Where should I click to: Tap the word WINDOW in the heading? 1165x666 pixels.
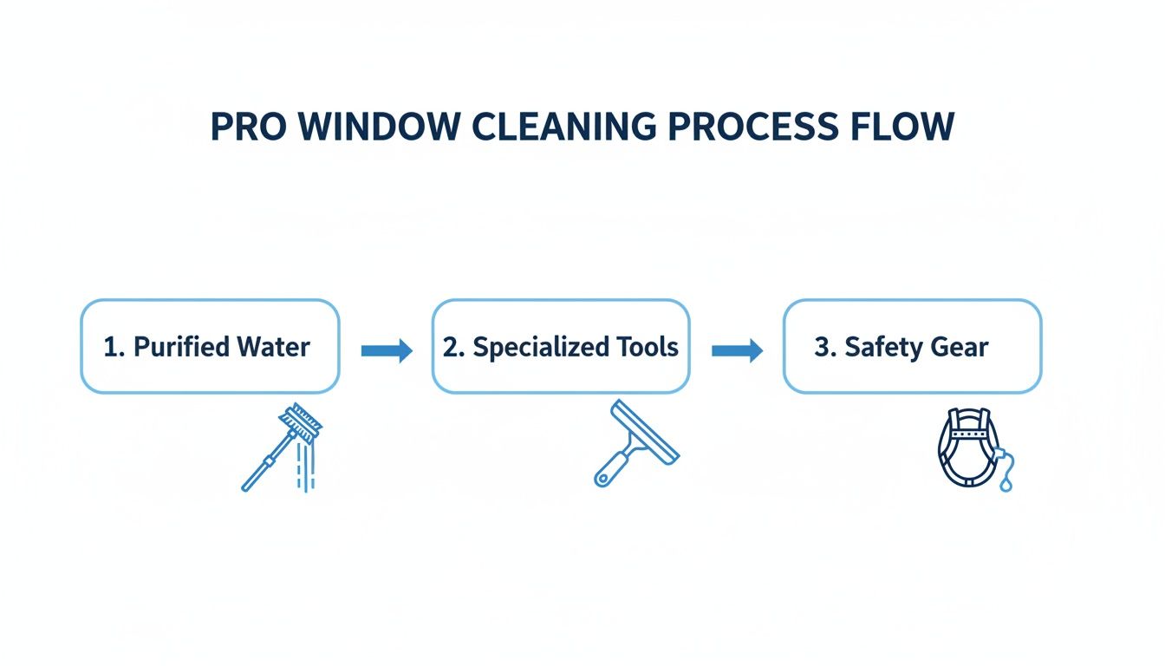click(x=379, y=127)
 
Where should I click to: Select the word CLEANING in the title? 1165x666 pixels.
click(x=559, y=127)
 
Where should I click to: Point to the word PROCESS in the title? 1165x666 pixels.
click(x=751, y=127)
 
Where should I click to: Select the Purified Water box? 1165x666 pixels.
click(x=210, y=347)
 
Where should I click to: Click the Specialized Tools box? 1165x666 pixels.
click(x=561, y=347)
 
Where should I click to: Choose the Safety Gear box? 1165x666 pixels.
click(x=912, y=347)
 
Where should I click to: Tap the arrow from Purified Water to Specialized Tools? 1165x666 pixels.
click(x=387, y=350)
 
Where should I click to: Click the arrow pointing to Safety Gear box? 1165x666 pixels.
click(x=737, y=350)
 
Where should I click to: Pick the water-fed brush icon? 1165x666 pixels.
click(x=282, y=447)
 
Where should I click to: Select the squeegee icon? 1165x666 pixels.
click(x=635, y=442)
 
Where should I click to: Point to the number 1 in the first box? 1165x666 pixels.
click(x=110, y=347)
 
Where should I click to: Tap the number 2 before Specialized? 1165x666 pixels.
click(x=451, y=347)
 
